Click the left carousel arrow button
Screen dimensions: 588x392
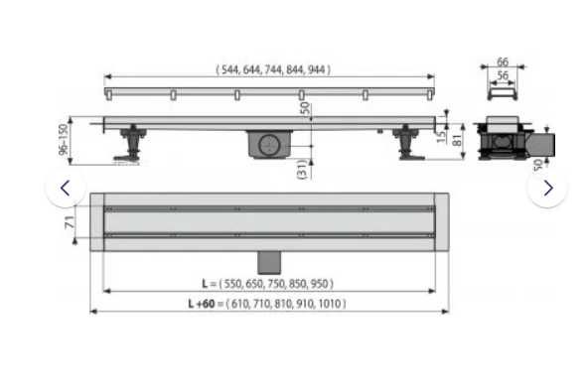click(66, 189)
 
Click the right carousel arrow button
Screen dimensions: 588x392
click(548, 189)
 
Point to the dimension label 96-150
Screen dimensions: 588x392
click(64, 139)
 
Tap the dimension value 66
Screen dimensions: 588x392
click(503, 62)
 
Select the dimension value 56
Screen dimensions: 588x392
click(503, 75)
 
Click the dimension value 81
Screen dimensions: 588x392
click(457, 140)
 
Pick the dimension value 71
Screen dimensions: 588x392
click(70, 222)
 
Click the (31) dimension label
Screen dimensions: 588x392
click(302, 169)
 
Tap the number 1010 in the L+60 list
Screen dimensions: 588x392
click(329, 304)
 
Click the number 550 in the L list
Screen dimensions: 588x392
click(232, 284)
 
